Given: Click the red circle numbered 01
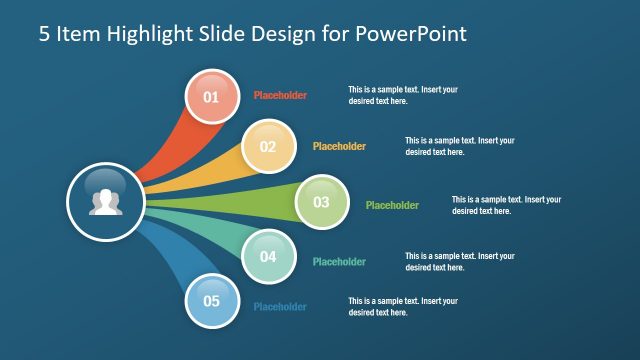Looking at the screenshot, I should [x=211, y=97].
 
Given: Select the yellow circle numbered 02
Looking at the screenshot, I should [x=268, y=146].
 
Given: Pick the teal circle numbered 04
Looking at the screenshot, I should [x=268, y=256].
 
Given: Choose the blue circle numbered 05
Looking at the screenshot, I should [x=211, y=300].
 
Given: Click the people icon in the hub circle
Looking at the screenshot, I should [x=105, y=202].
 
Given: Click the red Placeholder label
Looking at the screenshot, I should [x=280, y=96].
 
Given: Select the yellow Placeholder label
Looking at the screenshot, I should [x=339, y=146].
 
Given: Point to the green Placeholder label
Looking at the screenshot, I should [x=392, y=205].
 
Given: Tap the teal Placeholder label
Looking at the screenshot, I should [x=339, y=262].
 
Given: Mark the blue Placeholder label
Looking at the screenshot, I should [x=280, y=307].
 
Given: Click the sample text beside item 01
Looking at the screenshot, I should [x=403, y=95].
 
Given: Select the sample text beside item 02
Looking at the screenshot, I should [x=460, y=146].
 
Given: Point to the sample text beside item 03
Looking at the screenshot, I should [x=506, y=205].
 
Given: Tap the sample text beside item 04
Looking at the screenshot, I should [x=460, y=262].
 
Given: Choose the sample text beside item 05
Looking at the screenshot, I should [x=403, y=307].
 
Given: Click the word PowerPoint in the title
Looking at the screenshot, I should [x=410, y=34].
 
